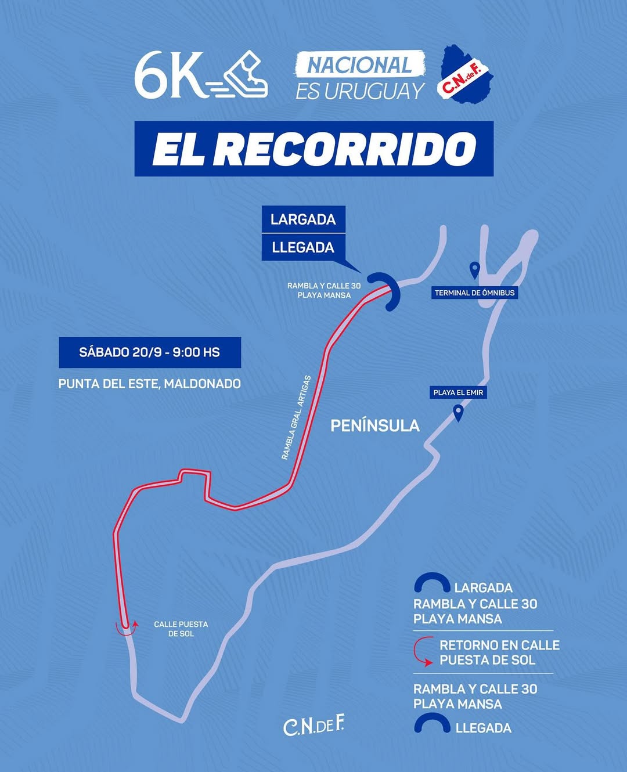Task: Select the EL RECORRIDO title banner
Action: (x=314, y=149)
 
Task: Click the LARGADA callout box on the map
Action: (x=304, y=219)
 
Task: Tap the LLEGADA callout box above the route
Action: (x=304, y=247)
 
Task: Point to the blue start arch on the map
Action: (x=388, y=290)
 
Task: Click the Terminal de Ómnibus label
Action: (x=474, y=293)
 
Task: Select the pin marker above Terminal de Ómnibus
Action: (x=474, y=270)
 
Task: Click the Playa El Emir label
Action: (x=458, y=392)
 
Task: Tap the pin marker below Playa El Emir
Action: (x=459, y=413)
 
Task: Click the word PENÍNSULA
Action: (x=375, y=426)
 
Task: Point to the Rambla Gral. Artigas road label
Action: (x=296, y=418)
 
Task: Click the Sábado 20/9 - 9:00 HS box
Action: (x=150, y=352)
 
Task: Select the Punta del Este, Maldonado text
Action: (x=150, y=384)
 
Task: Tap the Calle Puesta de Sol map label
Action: (x=181, y=629)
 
